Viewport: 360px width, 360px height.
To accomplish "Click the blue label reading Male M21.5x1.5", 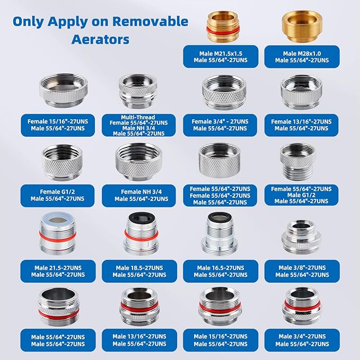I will [x=221, y=56].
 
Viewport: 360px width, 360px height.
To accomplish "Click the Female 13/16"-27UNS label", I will [x=301, y=125].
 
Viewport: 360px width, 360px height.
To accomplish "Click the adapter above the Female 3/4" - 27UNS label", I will [x=220, y=91].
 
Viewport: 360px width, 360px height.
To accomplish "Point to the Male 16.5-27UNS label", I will [x=221, y=271].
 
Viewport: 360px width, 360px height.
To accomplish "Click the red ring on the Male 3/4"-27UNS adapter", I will [x=301, y=304].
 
